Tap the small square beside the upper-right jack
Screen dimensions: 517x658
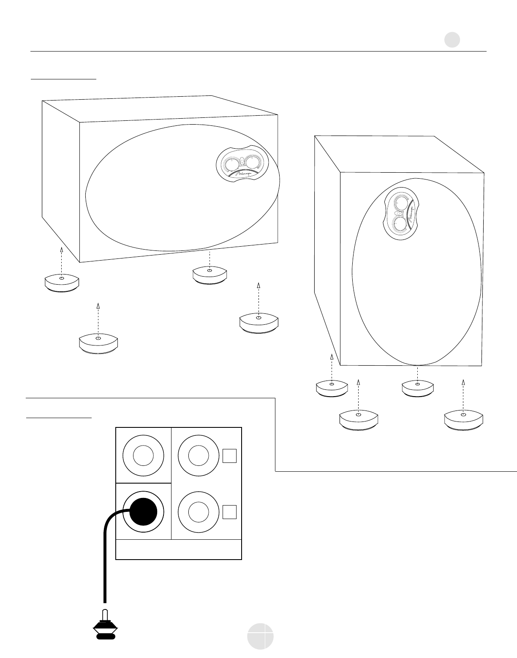coord(229,455)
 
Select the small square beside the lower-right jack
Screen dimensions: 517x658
coord(229,511)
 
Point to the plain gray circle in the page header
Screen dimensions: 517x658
coord(452,40)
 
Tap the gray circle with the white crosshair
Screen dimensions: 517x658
coord(260,636)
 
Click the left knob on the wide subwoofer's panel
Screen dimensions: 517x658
coord(231,165)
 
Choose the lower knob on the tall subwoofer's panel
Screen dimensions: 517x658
coord(399,224)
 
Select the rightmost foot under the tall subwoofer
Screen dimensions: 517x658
coord(463,421)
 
